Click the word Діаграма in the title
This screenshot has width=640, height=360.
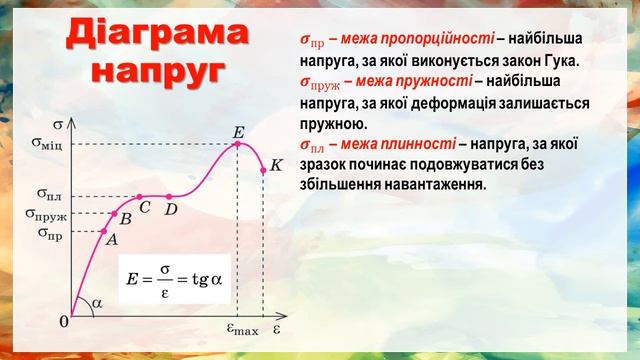159,37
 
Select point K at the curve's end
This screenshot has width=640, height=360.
263,166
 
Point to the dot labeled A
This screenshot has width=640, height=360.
107,232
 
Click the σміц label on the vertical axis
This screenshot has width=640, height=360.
48,144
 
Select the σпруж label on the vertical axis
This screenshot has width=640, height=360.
46,214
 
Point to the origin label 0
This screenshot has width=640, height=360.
64,322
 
